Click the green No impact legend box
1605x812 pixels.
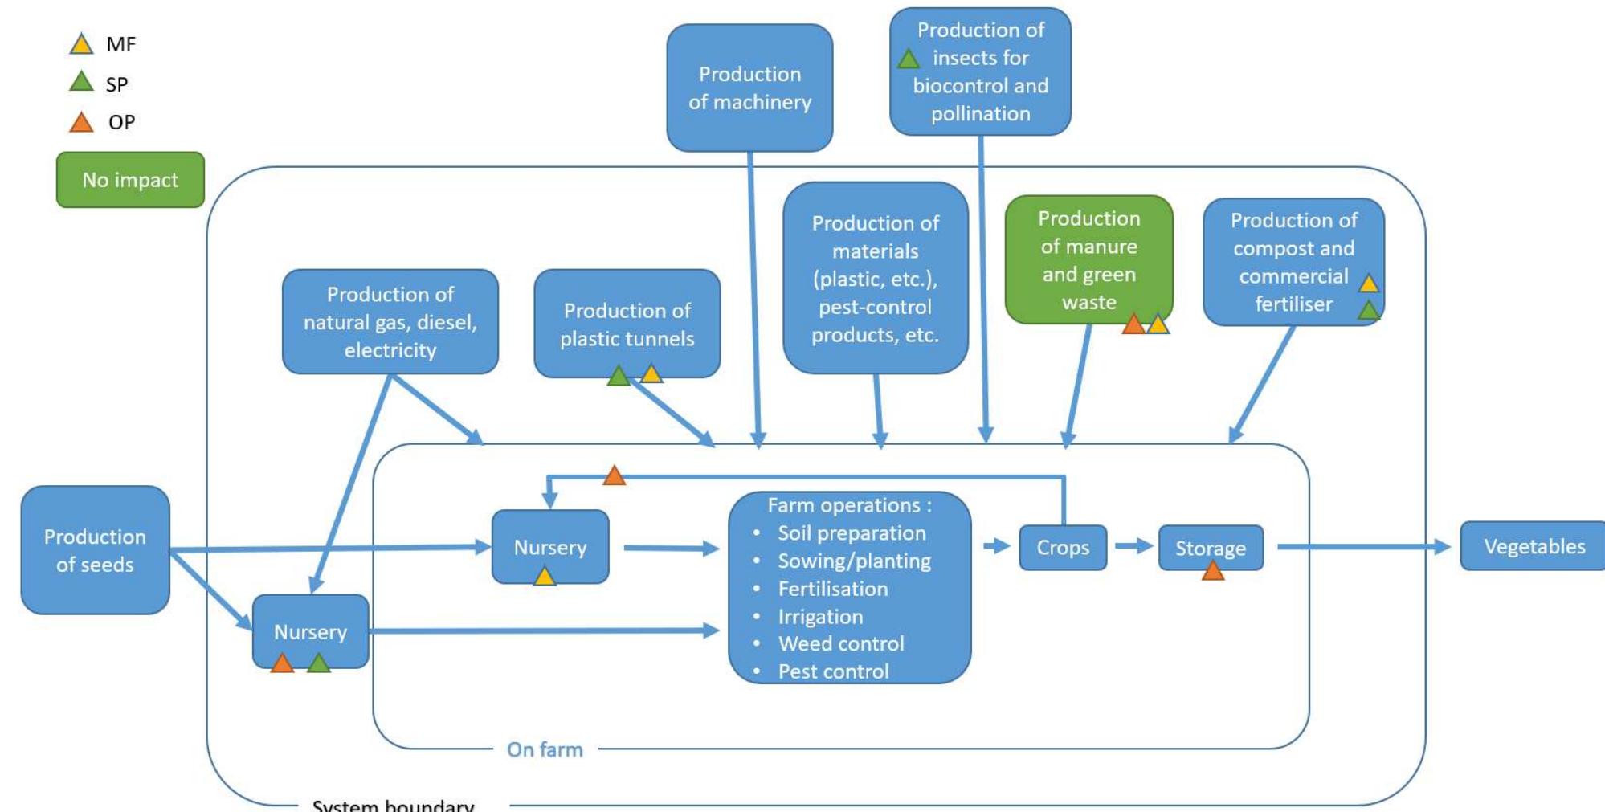pyautogui.click(x=130, y=180)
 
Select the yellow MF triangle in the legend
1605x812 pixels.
pyautogui.click(x=81, y=44)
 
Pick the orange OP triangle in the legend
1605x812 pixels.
pyautogui.click(x=81, y=123)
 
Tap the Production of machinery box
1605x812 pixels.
pyautogui.click(x=749, y=88)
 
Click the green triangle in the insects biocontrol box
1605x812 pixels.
pyautogui.click(x=909, y=59)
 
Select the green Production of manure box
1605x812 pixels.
pyautogui.click(x=1088, y=259)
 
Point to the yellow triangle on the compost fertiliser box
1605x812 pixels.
pyautogui.click(x=1369, y=284)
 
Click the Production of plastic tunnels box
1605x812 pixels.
pyautogui.click(x=627, y=324)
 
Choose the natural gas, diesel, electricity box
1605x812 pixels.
pyautogui.click(x=390, y=322)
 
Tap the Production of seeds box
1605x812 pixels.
pyautogui.click(x=95, y=550)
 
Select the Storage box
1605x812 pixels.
pyautogui.click(x=1210, y=548)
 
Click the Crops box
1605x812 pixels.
pyautogui.click(x=1062, y=548)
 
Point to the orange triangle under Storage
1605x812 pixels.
pyautogui.click(x=1212, y=571)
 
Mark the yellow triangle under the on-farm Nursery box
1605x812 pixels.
pyautogui.click(x=545, y=577)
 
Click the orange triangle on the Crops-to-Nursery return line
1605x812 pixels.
pyautogui.click(x=614, y=476)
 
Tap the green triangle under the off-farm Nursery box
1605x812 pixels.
pyautogui.click(x=319, y=663)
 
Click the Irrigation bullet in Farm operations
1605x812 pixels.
pyautogui.click(x=820, y=617)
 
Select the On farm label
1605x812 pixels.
pyautogui.click(x=545, y=749)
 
